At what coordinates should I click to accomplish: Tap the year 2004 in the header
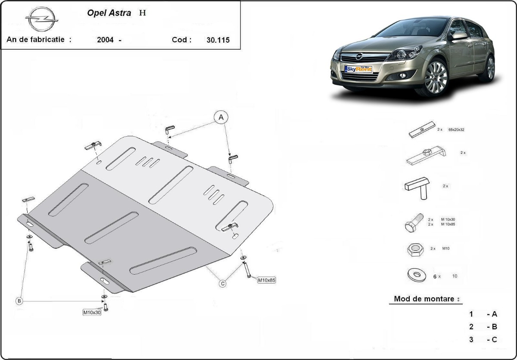pyautogui.click(x=106, y=40)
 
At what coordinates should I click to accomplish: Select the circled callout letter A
pyautogui.click(x=221, y=117)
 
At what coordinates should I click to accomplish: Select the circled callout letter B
pyautogui.click(x=19, y=301)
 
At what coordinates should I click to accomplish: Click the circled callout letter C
pyautogui.click(x=223, y=283)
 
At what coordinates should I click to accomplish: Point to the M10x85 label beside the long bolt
pyautogui.click(x=266, y=280)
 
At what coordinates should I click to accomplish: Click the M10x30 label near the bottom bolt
pyautogui.click(x=92, y=312)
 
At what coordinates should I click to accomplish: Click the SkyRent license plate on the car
pyautogui.click(x=358, y=69)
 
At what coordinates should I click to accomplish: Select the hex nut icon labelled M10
pyautogui.click(x=415, y=250)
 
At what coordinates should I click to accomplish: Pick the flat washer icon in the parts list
pyautogui.click(x=416, y=275)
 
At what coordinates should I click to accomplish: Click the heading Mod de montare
pyautogui.click(x=424, y=299)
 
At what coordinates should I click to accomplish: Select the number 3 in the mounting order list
pyautogui.click(x=471, y=339)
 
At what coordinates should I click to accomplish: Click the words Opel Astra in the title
pyautogui.click(x=109, y=13)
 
